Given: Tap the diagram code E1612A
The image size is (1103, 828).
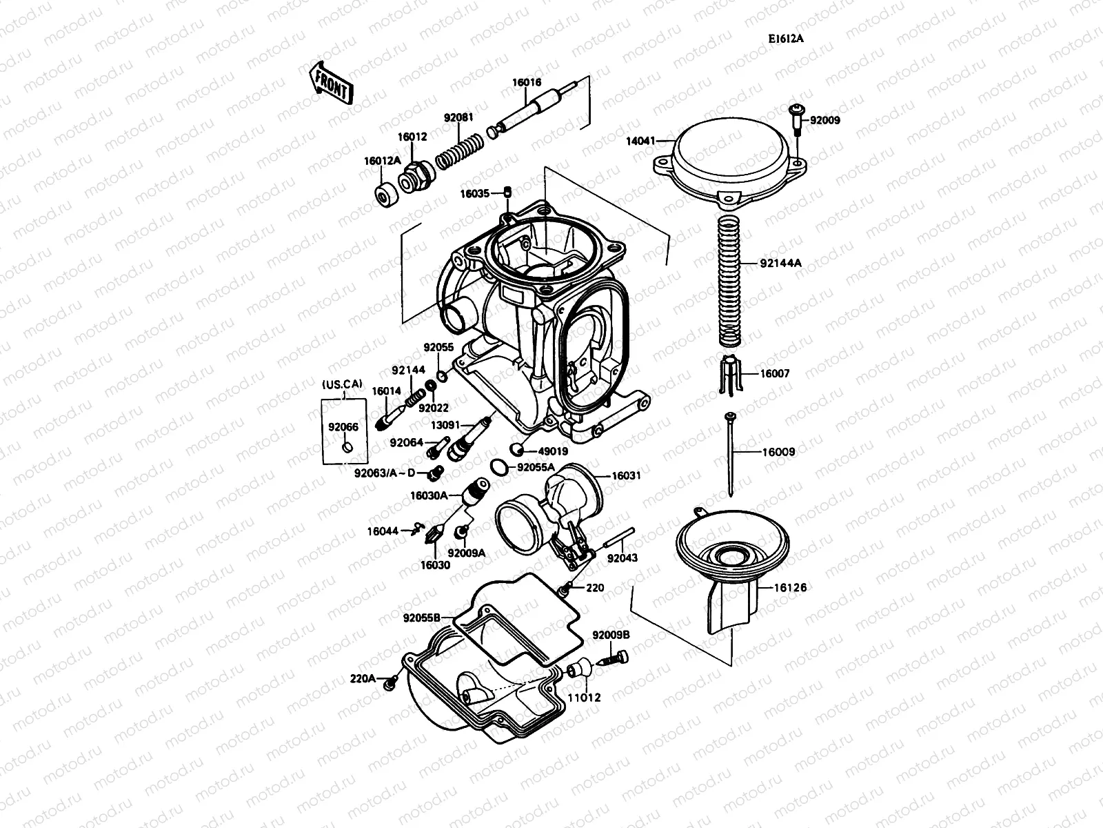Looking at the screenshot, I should tap(786, 39).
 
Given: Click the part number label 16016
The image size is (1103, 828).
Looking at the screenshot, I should tap(526, 83).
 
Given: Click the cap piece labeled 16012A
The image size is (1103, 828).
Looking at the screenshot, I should tap(385, 195).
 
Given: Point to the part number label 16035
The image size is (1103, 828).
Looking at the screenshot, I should tap(475, 194).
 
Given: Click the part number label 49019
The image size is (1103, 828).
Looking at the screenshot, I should tap(553, 451).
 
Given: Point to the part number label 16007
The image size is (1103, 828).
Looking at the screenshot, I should tap(775, 373).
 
